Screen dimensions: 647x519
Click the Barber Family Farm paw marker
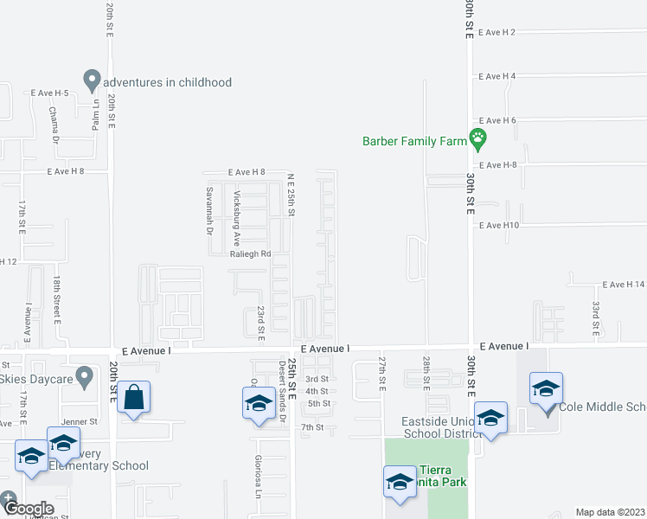click(477, 137)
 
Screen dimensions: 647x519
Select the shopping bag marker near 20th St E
click(133, 398)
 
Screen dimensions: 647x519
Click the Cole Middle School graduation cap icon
click(546, 389)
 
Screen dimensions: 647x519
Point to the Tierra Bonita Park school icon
click(400, 482)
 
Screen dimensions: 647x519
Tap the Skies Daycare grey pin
click(84, 375)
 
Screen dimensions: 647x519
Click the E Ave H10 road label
click(498, 225)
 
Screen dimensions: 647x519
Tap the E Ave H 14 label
click(624, 285)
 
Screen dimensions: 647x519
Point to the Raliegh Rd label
click(251, 254)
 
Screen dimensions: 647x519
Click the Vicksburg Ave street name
click(237, 208)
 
